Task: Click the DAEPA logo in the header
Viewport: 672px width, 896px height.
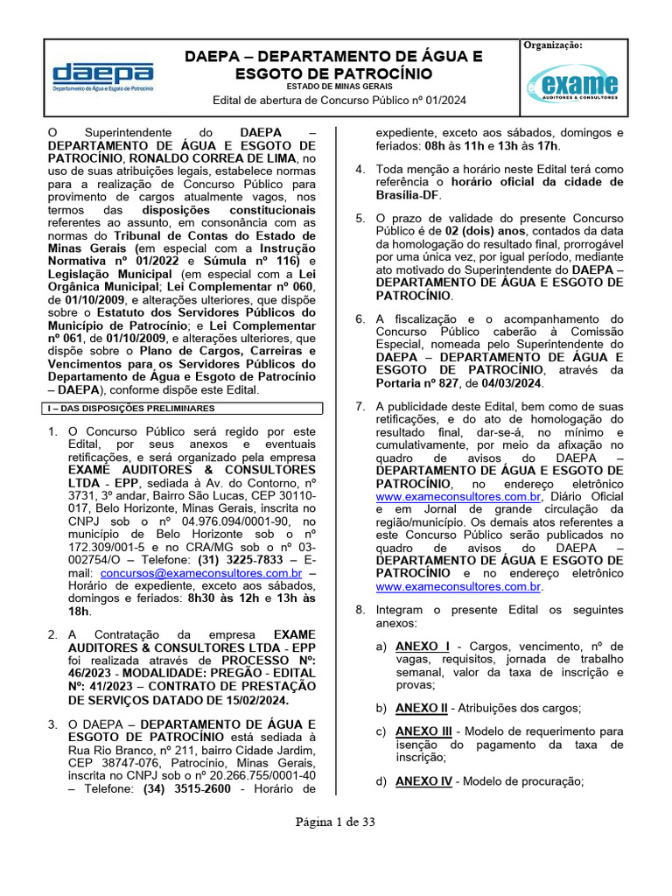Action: [x=103, y=77]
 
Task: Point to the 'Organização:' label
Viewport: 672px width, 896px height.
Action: [x=553, y=45]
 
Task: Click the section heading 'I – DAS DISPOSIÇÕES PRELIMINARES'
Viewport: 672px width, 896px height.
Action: [x=119, y=408]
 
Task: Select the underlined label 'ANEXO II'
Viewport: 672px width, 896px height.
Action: [x=421, y=708]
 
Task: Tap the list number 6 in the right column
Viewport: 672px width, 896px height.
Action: [x=360, y=319]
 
